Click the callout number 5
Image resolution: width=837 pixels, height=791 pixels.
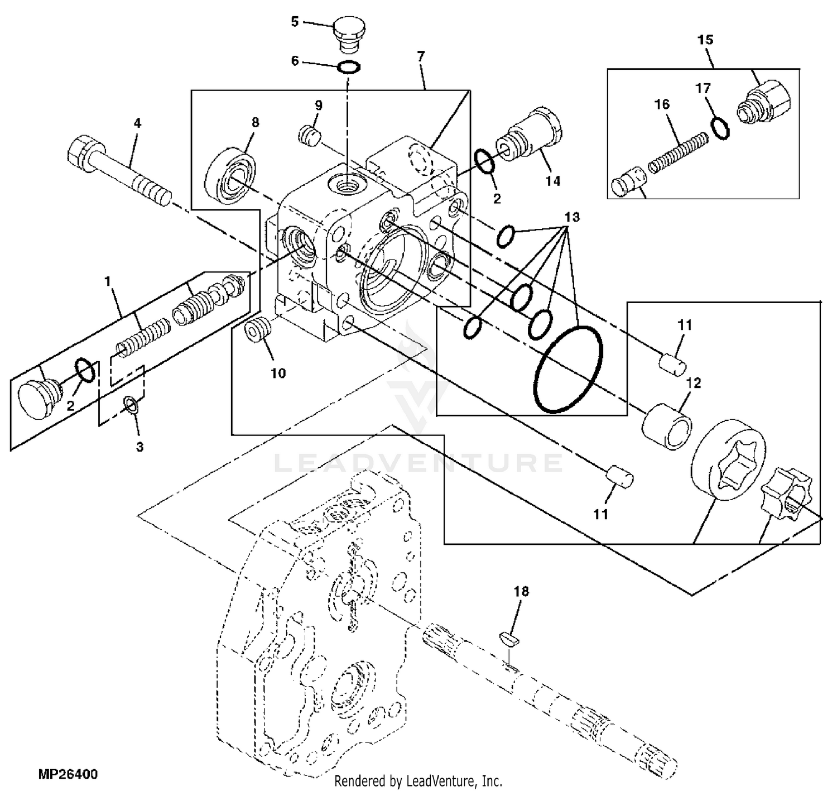coord(295,22)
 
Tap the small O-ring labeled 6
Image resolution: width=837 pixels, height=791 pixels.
coord(349,66)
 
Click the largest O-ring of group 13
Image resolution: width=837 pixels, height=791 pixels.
coord(568,368)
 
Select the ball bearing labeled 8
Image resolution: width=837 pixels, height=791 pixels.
coord(232,176)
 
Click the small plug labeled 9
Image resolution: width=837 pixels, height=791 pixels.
coord(310,135)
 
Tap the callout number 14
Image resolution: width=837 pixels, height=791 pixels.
coord(553,181)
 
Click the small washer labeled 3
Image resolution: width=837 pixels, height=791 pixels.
coord(131,405)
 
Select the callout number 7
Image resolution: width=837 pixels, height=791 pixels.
coord(421,56)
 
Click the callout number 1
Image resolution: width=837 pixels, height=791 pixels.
coord(108,280)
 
